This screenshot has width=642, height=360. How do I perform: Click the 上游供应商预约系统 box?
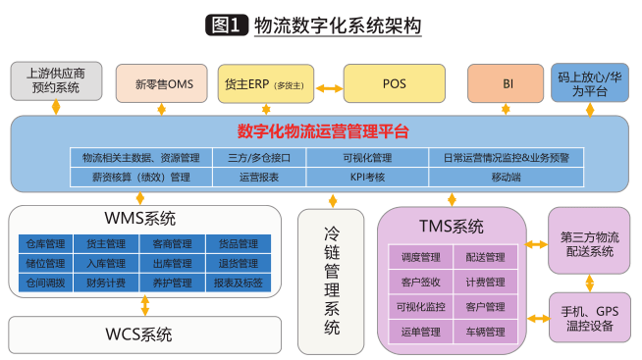pos(56,79)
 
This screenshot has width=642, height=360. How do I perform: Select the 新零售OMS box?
pos(163,83)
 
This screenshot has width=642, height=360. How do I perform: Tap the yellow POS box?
pos(390,83)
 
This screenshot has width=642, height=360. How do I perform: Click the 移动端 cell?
pos(507,178)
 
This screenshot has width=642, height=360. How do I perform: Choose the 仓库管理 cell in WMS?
pos(46,243)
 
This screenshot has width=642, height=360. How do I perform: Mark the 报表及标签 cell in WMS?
pos(235,283)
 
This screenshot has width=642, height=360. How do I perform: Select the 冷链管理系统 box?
pos(333,280)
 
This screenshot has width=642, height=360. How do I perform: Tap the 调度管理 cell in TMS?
pos(419,257)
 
